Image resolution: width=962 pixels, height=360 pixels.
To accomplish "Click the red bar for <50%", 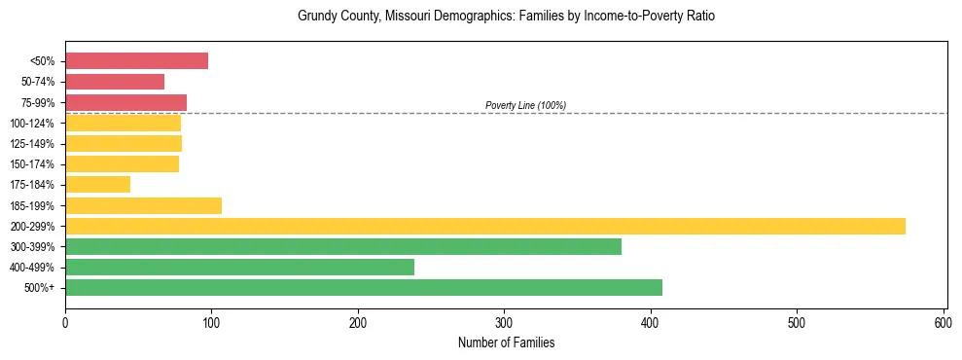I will point(136,61).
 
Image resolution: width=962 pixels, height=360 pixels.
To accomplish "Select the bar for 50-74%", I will point(115,82).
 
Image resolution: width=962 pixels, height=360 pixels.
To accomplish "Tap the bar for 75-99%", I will point(125,102).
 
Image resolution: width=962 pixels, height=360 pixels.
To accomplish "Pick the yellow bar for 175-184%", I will point(97,185).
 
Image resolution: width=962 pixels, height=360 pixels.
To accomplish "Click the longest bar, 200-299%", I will point(484,227).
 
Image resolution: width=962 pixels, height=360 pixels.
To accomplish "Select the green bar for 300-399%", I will point(342,247).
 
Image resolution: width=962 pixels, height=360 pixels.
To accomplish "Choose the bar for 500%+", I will point(363,288).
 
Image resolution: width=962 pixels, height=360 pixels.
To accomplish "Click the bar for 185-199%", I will point(143,205).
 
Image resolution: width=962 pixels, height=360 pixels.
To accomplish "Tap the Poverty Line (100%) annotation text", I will point(525,105).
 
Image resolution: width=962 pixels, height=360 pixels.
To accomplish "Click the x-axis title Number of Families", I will point(506,342).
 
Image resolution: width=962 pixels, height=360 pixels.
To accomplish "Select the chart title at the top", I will point(506,17).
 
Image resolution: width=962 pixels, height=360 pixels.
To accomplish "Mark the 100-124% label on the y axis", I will point(32,124).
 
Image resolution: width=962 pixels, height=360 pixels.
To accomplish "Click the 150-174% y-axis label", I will point(32,164).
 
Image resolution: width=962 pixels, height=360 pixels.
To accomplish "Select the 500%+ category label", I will point(40,288).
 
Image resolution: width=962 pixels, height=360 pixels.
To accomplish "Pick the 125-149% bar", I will point(124,144).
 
